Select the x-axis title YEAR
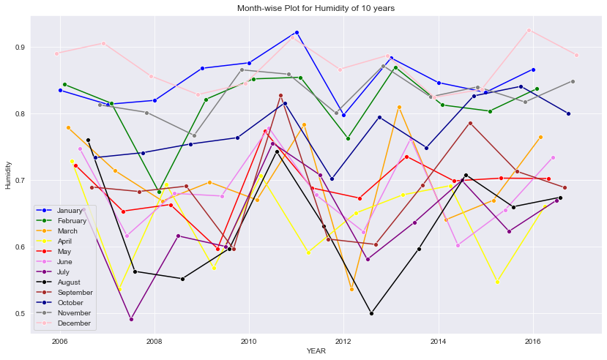pyautogui.click(x=316, y=351)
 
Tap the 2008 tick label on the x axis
pyautogui.click(x=154, y=341)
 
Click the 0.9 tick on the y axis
pyautogui.click(x=18, y=48)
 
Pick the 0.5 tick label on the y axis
pyautogui.click(x=18, y=314)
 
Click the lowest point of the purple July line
pyautogui.click(x=131, y=319)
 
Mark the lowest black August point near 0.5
pyautogui.click(x=372, y=313)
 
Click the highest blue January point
pyautogui.click(x=297, y=32)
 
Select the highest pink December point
pyautogui.click(x=529, y=30)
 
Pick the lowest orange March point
pyautogui.click(x=351, y=289)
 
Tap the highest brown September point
pyautogui.click(x=280, y=95)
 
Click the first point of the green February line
pyautogui.click(x=64, y=84)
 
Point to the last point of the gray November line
pyautogui.click(x=573, y=81)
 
